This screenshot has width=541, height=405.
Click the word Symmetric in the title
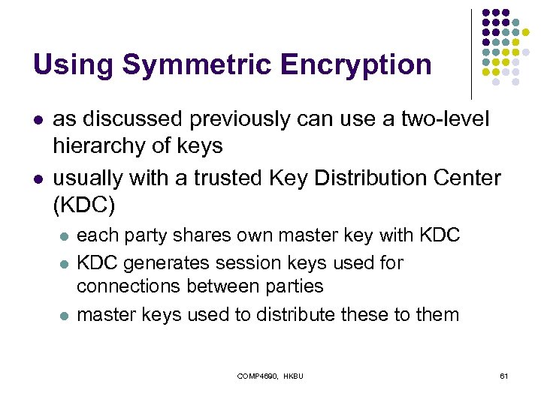[x=196, y=65]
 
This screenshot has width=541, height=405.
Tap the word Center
[x=468, y=178]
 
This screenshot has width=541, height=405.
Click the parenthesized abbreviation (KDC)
[x=81, y=205]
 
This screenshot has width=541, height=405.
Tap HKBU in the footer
[x=293, y=375]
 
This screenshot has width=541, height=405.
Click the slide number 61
[x=504, y=375]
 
